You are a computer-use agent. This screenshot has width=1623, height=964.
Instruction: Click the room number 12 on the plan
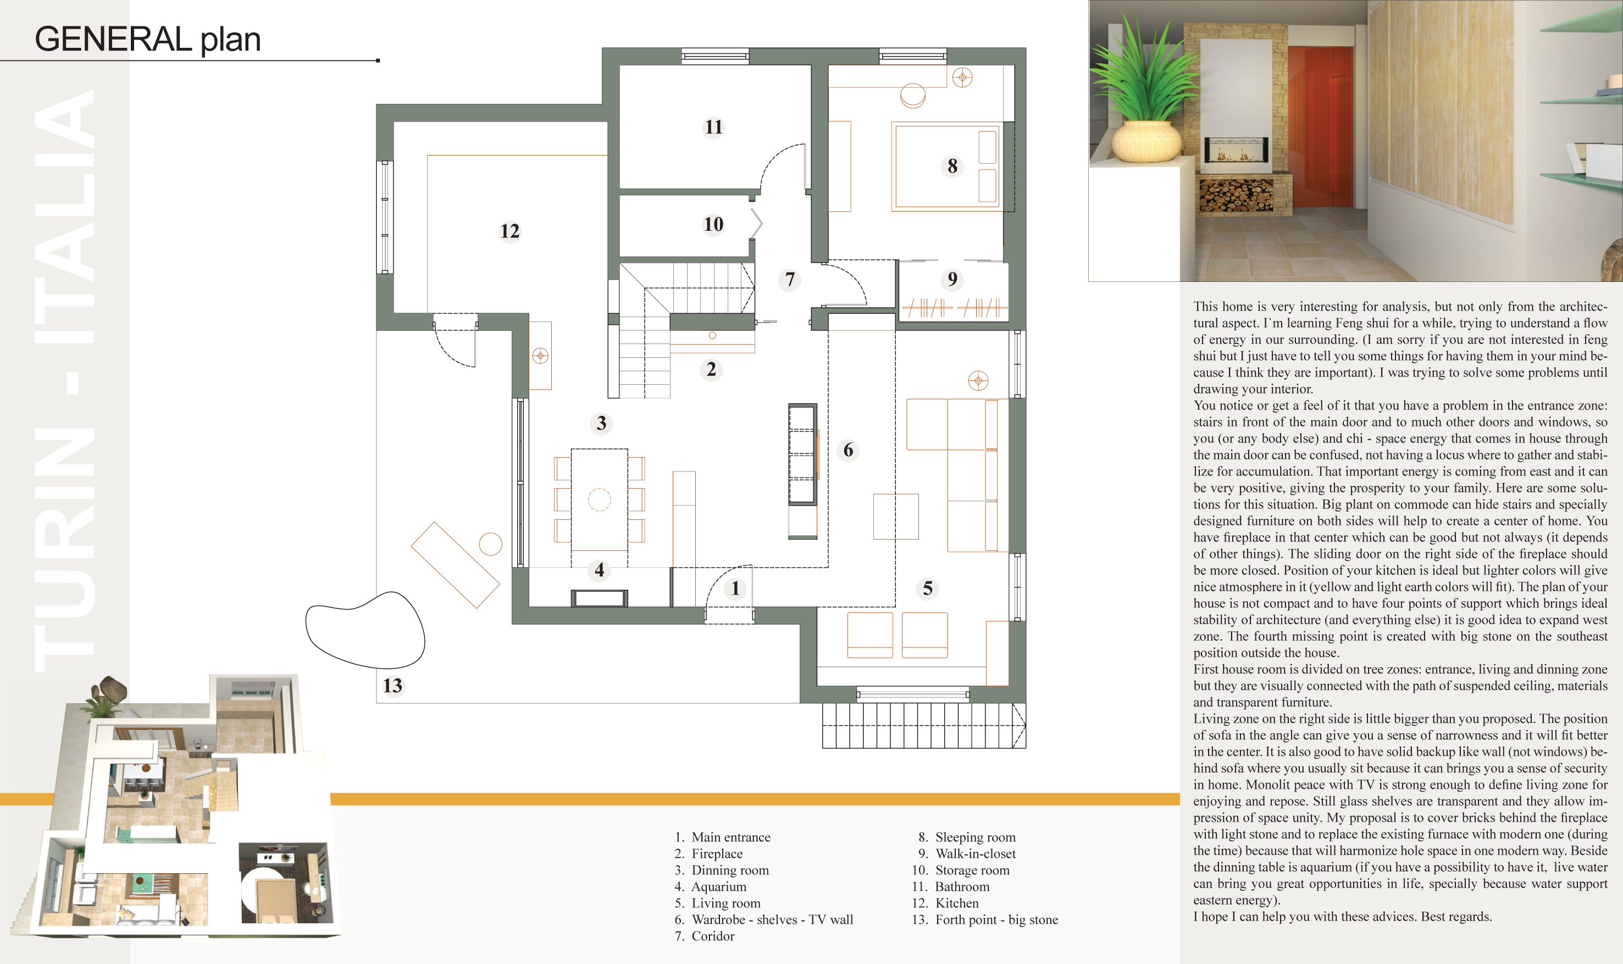pyautogui.click(x=510, y=231)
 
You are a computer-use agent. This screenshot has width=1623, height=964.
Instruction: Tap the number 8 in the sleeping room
pyautogui.click(x=952, y=167)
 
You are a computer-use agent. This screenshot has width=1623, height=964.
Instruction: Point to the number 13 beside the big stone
pyautogui.click(x=392, y=685)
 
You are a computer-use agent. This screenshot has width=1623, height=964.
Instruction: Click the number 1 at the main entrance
pyautogui.click(x=735, y=589)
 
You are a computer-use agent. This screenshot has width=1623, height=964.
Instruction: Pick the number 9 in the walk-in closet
pyautogui.click(x=952, y=279)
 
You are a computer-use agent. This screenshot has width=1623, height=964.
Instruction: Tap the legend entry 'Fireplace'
pyautogui.click(x=717, y=854)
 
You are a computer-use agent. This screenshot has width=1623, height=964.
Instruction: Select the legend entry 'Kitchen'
pyautogui.click(x=957, y=903)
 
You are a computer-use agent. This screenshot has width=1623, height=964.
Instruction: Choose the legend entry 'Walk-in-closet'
pyautogui.click(x=976, y=854)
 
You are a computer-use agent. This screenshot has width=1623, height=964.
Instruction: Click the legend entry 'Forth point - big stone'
pyautogui.click(x=996, y=920)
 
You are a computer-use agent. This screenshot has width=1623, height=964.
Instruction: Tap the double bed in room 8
pyautogui.click(x=946, y=167)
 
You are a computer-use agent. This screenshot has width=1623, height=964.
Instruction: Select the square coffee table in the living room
pyautogui.click(x=896, y=517)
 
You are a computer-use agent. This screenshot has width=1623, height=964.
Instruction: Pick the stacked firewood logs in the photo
pyautogui.click(x=1236, y=194)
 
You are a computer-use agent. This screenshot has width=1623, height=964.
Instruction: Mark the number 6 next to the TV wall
pyautogui.click(x=848, y=450)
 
